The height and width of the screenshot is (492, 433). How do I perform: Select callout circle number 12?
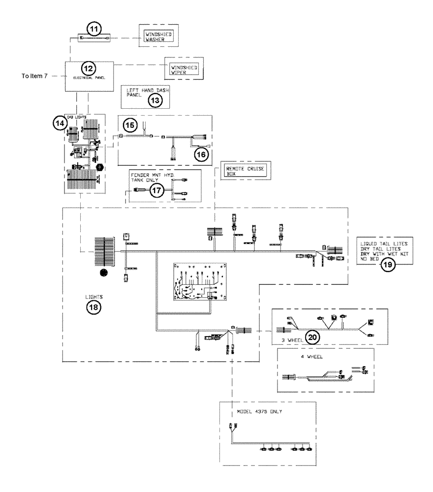tap(89, 68)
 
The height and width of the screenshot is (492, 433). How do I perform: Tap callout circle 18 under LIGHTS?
tap(93, 307)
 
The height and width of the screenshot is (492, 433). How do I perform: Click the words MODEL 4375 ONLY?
tap(257, 412)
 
